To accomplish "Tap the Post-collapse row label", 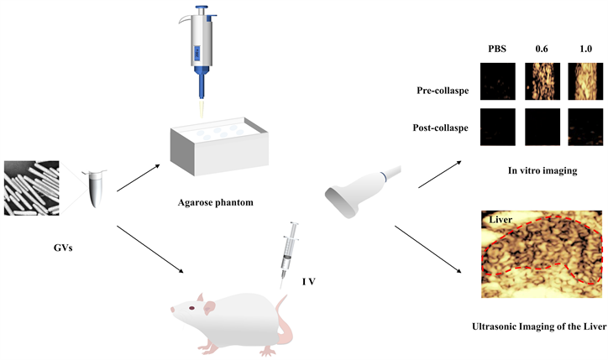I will click(x=441, y=128).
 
